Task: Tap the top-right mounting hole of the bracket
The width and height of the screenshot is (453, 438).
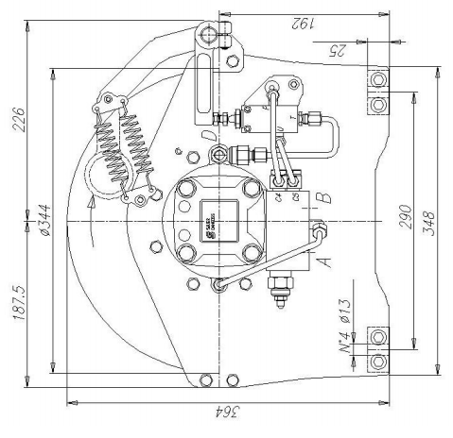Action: coord(378,78)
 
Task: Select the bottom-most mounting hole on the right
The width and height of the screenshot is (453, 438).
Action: coord(378,362)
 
